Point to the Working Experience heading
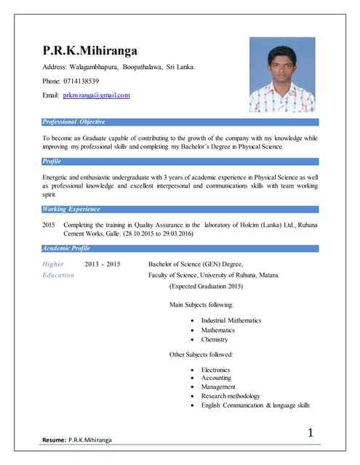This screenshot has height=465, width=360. (x=71, y=209)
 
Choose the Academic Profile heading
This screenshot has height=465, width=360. (x=67, y=248)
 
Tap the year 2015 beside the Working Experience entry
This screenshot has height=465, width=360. (x=49, y=225)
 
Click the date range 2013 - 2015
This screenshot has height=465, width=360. (x=103, y=264)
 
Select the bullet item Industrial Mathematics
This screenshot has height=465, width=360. (x=231, y=320)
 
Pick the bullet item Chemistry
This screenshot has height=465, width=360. (x=215, y=339)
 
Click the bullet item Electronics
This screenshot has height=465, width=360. (x=216, y=369)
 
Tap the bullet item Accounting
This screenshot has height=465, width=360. (x=216, y=378)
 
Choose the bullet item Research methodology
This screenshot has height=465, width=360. (x=231, y=396)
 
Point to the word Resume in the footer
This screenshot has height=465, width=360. (x=53, y=440)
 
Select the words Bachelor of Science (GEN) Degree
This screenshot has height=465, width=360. (x=195, y=264)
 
